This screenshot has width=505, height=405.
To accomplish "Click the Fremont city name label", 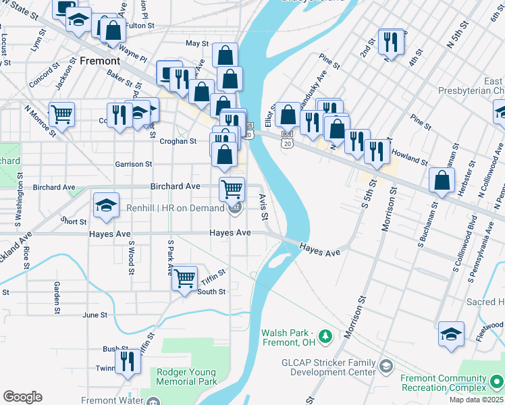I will pyautogui.click(x=99, y=60).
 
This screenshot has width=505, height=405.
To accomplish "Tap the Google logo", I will pyautogui.click(x=22, y=397).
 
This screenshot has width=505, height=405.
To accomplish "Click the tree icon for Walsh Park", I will pyautogui.click(x=325, y=335).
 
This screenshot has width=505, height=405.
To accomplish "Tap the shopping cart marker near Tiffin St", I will pyautogui.click(x=184, y=277).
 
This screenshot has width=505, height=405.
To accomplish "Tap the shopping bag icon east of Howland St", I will pyautogui.click(x=442, y=180).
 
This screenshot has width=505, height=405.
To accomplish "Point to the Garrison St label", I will pyautogui.click(x=134, y=164).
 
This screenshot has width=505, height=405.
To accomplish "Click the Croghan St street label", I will pyautogui.click(x=178, y=142).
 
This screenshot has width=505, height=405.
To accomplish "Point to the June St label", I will pyautogui.click(x=95, y=315).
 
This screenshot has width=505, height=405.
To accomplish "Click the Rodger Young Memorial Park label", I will pyautogui.click(x=186, y=377).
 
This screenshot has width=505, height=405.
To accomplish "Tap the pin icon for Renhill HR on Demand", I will pyautogui.click(x=235, y=209).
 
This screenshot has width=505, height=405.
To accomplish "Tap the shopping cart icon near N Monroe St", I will pyautogui.click(x=61, y=113).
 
